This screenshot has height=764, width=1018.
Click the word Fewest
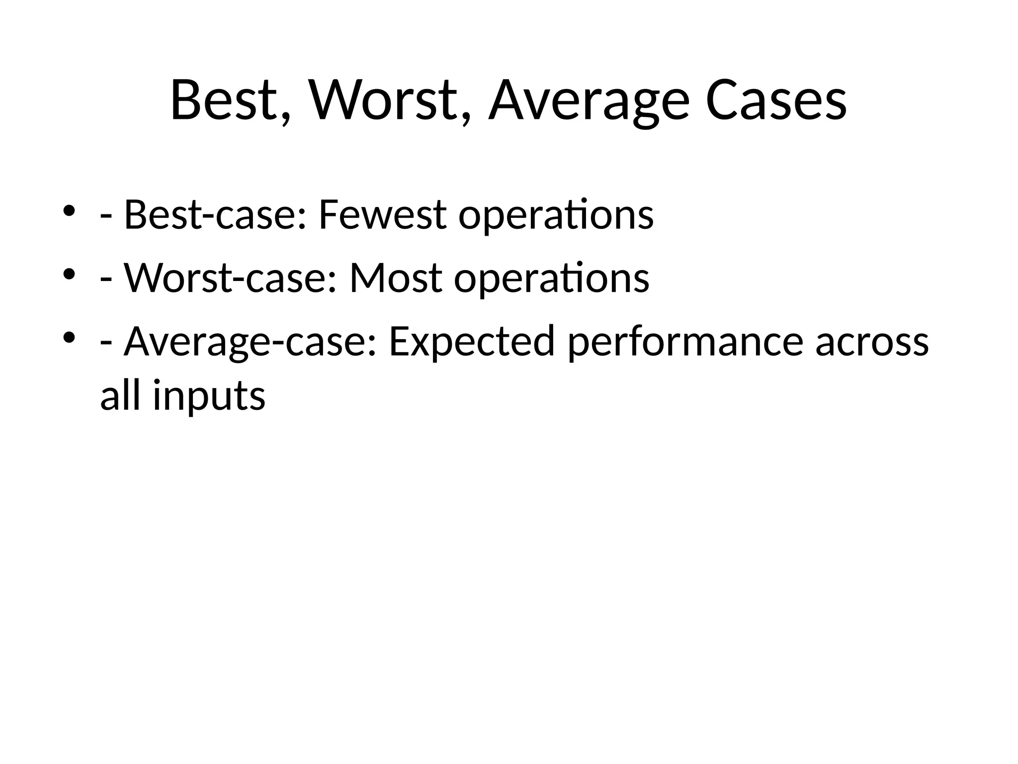click(x=382, y=215)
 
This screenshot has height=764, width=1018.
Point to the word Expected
click(x=471, y=342)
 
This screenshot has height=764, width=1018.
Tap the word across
click(x=872, y=342)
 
